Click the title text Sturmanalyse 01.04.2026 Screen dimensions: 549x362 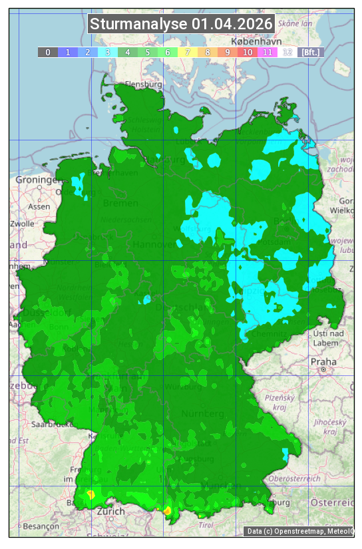coord(181,24)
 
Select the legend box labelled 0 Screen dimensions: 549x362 coord(47,52)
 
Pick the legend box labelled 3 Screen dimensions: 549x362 coord(107,52)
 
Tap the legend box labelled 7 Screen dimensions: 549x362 coord(187,52)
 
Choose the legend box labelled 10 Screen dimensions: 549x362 coord(247,52)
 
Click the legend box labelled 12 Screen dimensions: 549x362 coord(287,52)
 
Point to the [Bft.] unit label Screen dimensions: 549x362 coord(310,52)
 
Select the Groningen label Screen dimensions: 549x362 coord(37,180)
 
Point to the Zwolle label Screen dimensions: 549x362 coord(22,224)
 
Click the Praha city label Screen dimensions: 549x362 coord(323,361)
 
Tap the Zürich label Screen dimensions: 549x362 coord(110,511)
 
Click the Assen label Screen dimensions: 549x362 coord(39,206)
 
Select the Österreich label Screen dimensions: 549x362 coord(333,502)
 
